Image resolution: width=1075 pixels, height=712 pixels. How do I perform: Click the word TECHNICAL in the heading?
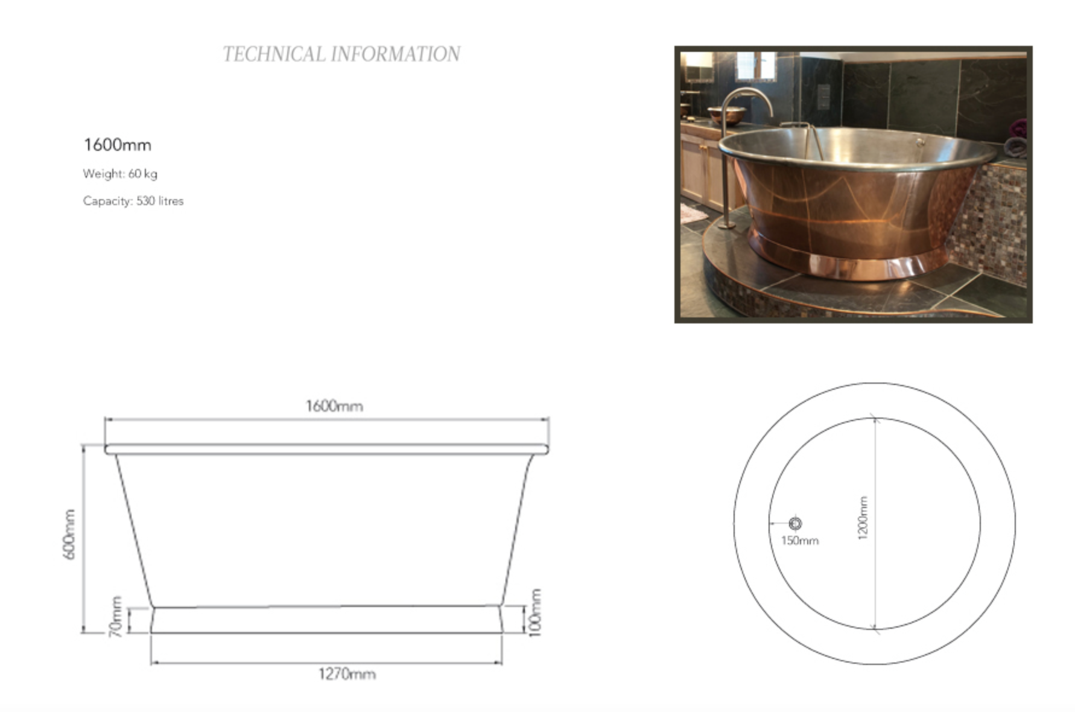click(x=274, y=54)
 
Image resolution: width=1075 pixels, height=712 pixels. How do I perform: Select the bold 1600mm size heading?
click(x=118, y=145)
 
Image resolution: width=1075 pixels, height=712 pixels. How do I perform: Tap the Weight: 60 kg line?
click(x=120, y=174)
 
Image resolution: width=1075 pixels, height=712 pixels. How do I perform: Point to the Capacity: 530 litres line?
click(x=133, y=201)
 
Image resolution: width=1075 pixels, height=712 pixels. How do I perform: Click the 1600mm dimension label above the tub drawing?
click(x=334, y=406)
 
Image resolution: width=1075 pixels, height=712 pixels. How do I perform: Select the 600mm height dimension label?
click(x=70, y=534)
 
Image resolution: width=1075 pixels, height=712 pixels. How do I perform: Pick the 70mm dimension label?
click(x=116, y=616)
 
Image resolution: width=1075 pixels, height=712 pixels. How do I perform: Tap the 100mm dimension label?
click(x=534, y=612)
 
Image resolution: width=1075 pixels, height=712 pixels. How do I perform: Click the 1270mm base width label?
click(x=347, y=674)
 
